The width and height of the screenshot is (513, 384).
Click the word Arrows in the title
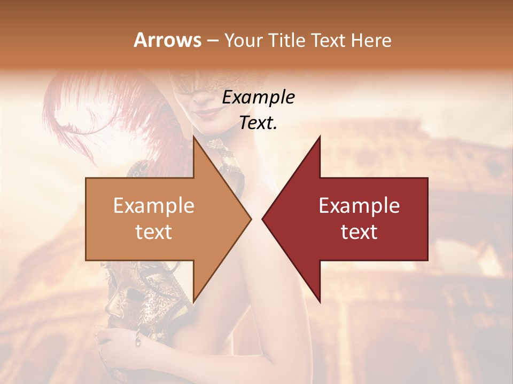167,41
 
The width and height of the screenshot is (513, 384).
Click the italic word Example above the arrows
258,98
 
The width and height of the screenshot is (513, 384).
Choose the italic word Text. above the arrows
258,123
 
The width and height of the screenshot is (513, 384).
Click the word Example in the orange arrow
153,206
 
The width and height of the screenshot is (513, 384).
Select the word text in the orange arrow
153,231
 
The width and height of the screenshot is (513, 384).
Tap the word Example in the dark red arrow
359,206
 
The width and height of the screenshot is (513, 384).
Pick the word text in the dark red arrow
359,231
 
